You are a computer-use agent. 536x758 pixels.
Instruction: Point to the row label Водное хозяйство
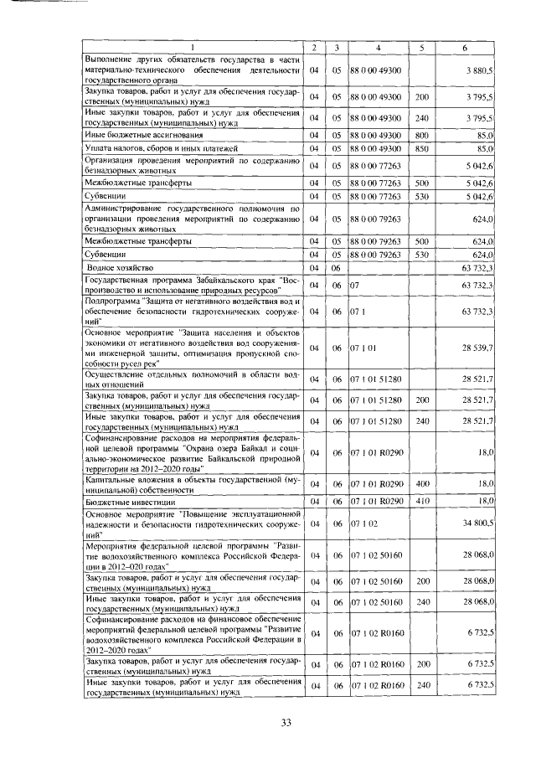(x=121, y=267)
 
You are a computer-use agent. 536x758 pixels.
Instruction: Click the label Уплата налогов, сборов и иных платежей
(x=151, y=148)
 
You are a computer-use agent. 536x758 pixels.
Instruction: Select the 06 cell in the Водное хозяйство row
(x=335, y=267)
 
